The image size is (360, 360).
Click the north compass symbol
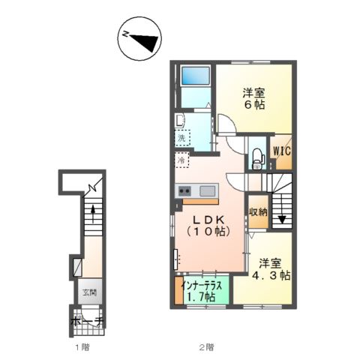tap(139, 38)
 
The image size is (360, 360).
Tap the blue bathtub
tap(196, 76)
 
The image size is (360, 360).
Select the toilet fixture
tap(257, 159)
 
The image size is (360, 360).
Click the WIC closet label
tap(282, 151)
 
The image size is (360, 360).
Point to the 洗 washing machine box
tap(182, 138)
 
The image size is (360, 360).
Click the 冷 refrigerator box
tap(181, 160)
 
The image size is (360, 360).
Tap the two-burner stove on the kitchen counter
tap(184, 191)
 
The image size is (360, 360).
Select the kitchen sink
tap(207, 191)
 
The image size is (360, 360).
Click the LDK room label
tap(208, 220)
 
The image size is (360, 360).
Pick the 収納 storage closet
tap(259, 211)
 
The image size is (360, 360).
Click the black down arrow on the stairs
tap(282, 220)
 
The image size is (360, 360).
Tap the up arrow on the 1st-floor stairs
tap(93, 214)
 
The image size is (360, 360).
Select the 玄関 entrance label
tap(89, 292)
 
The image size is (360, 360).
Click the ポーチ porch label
tap(87, 322)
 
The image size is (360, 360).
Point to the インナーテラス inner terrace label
tap(202, 286)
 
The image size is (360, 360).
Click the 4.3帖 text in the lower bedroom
tap(271, 276)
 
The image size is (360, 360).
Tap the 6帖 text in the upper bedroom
tap(254, 105)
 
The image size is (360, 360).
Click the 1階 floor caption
tap(82, 347)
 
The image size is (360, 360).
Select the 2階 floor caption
tap(206, 347)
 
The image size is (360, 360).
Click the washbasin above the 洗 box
tap(179, 120)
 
